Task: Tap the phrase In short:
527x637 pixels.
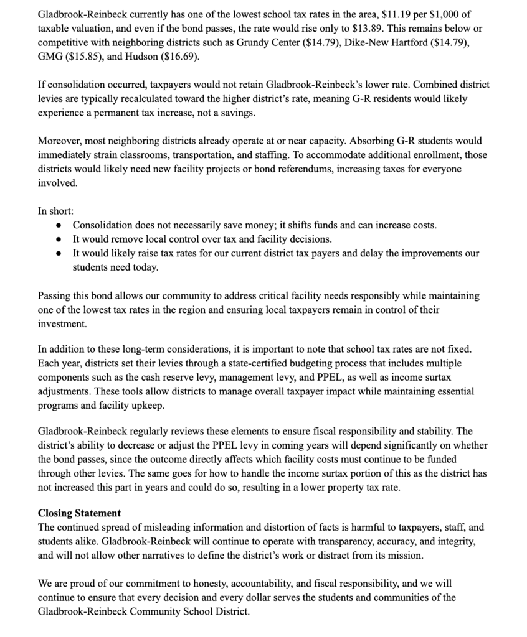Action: (55, 210)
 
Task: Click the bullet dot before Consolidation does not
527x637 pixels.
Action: (58, 225)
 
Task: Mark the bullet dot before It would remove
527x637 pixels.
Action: (58, 239)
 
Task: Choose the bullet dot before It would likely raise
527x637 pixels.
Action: (58, 254)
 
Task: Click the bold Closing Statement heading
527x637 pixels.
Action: (79, 513)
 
